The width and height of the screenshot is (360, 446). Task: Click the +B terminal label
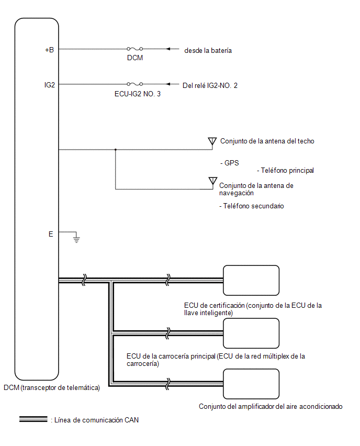pyautogui.click(x=50, y=50)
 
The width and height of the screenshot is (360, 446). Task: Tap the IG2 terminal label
pyautogui.click(x=50, y=85)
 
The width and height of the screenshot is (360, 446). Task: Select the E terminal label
pyautogui.click(x=51, y=234)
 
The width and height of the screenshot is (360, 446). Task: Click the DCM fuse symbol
pyautogui.click(x=135, y=49)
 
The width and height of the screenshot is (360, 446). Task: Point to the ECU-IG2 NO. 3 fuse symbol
pyautogui.click(x=135, y=84)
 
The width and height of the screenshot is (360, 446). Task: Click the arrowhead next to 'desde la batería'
pyautogui.click(x=168, y=49)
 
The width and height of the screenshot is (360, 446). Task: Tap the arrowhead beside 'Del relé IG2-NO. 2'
pyautogui.click(x=168, y=84)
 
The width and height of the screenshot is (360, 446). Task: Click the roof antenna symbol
pyautogui.click(x=212, y=142)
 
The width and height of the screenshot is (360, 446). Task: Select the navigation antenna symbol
pyautogui.click(x=212, y=181)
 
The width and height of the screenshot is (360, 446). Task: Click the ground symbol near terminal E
pyautogui.click(x=76, y=238)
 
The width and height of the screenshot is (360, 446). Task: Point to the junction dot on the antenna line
pyautogui.click(x=116, y=149)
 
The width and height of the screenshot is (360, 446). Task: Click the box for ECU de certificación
pyautogui.click(x=251, y=281)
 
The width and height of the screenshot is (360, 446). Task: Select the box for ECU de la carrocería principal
pyautogui.click(x=251, y=333)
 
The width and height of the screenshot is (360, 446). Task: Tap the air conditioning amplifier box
pyautogui.click(x=251, y=384)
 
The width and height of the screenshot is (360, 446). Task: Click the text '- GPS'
pyautogui.click(x=230, y=163)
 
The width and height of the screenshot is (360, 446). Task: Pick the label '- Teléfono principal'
pyautogui.click(x=286, y=170)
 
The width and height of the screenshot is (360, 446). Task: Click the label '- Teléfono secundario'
pyautogui.click(x=252, y=206)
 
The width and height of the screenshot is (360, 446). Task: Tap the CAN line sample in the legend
pyautogui.click(x=33, y=419)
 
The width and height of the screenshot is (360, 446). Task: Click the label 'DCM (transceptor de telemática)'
pyautogui.click(x=52, y=388)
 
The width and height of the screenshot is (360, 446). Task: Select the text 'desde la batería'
pyautogui.click(x=208, y=51)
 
